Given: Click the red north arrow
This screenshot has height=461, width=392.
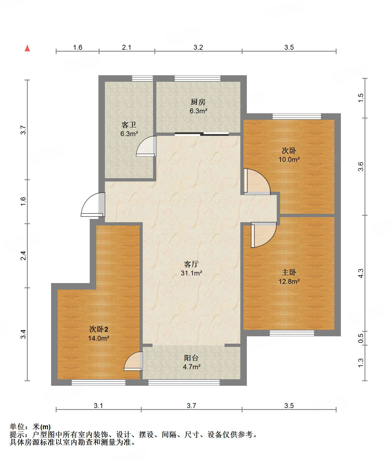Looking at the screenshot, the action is pyautogui.click(x=27, y=48).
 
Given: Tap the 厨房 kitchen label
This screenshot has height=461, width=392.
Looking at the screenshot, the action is pyautogui.click(x=198, y=102).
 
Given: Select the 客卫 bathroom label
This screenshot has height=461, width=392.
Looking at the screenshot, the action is pyautogui.click(x=129, y=125).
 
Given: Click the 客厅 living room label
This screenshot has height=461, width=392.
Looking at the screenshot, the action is pyautogui.click(x=191, y=264).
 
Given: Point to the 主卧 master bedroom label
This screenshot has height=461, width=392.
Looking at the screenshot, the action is pyautogui.click(x=289, y=272).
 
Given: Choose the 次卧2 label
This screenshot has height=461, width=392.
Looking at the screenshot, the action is pyautogui.click(x=99, y=329).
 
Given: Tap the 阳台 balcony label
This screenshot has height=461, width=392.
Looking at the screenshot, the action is pyautogui.click(x=191, y=358).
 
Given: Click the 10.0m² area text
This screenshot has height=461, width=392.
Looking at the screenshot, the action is pyautogui.click(x=289, y=159).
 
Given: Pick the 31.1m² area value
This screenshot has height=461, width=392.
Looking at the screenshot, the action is pyautogui.click(x=191, y=273).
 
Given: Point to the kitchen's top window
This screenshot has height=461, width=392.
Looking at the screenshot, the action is pyautogui.click(x=197, y=79).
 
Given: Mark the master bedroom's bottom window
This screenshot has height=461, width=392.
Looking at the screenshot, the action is pyautogui.click(x=292, y=333).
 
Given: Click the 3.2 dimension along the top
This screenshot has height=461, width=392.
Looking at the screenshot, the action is pyautogui.click(x=198, y=47).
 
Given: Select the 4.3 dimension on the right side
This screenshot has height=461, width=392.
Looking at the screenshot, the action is pyautogui.click(x=360, y=273).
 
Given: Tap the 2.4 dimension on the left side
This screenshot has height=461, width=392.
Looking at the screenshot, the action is pyautogui.click(x=23, y=256).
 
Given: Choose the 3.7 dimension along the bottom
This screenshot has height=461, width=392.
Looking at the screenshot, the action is pyautogui.click(x=191, y=406).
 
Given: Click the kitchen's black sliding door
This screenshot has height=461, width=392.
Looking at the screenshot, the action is pyautogui.click(x=202, y=133).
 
